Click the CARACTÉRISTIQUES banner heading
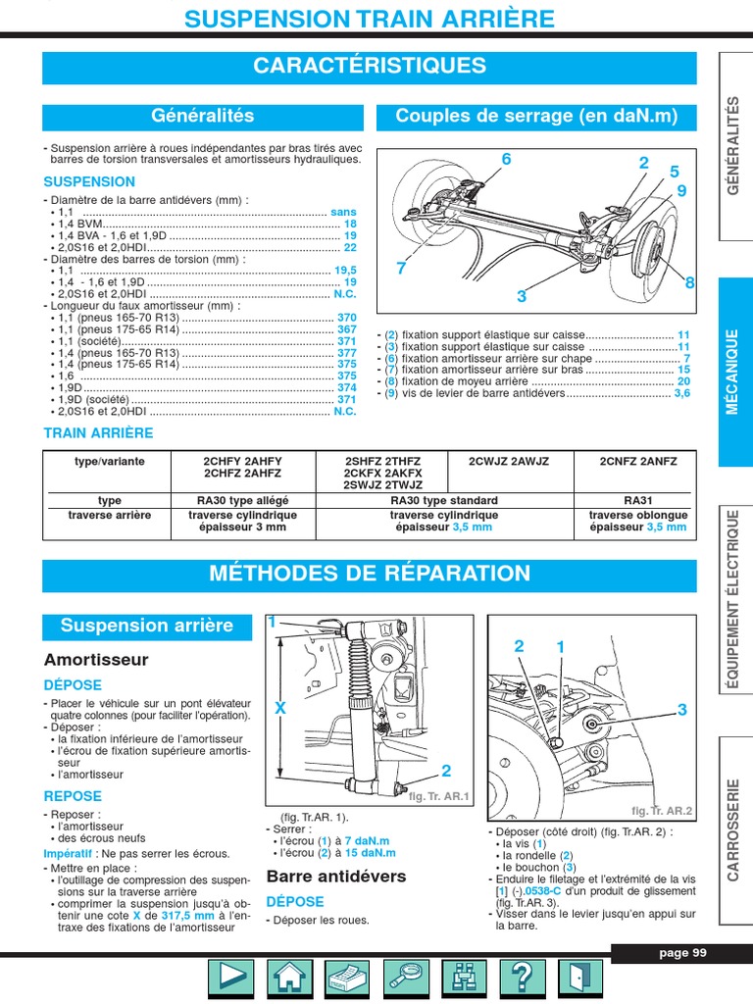tap(370, 67)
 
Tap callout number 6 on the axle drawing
tap(506, 160)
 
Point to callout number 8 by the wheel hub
tap(689, 283)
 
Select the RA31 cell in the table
tap(637, 500)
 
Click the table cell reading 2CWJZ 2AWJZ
tap(509, 461)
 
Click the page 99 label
tap(682, 953)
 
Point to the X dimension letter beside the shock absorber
tap(281, 708)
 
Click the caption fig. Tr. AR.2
tap(661, 811)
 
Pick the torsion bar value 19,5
tap(346, 271)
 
